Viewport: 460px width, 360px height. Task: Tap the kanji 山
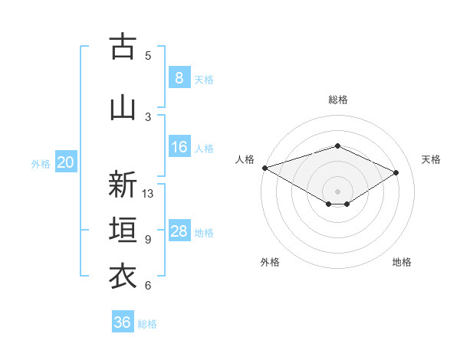coord(123,107)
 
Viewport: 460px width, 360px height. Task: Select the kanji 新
coord(123,185)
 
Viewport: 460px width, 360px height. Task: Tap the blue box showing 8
coord(179,77)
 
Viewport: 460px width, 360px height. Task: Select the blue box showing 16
coord(179,147)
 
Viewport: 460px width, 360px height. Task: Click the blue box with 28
coord(179,231)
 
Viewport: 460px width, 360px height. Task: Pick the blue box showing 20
coord(66,162)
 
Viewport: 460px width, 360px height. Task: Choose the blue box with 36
coord(123,322)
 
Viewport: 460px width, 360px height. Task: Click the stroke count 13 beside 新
coord(148,194)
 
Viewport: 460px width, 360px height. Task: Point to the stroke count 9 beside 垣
coord(148,240)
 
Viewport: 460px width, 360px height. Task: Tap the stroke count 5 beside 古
coord(148,55)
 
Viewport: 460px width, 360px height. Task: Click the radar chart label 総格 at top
coord(337,100)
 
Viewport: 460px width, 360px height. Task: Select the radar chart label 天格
coord(432,159)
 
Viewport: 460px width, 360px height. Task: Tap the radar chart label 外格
coord(270,262)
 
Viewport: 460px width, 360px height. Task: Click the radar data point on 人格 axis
coord(264,167)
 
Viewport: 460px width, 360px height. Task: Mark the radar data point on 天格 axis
coord(396,172)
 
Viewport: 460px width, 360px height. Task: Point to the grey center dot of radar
coord(337,191)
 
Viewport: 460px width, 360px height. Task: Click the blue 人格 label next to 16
coord(204,149)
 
